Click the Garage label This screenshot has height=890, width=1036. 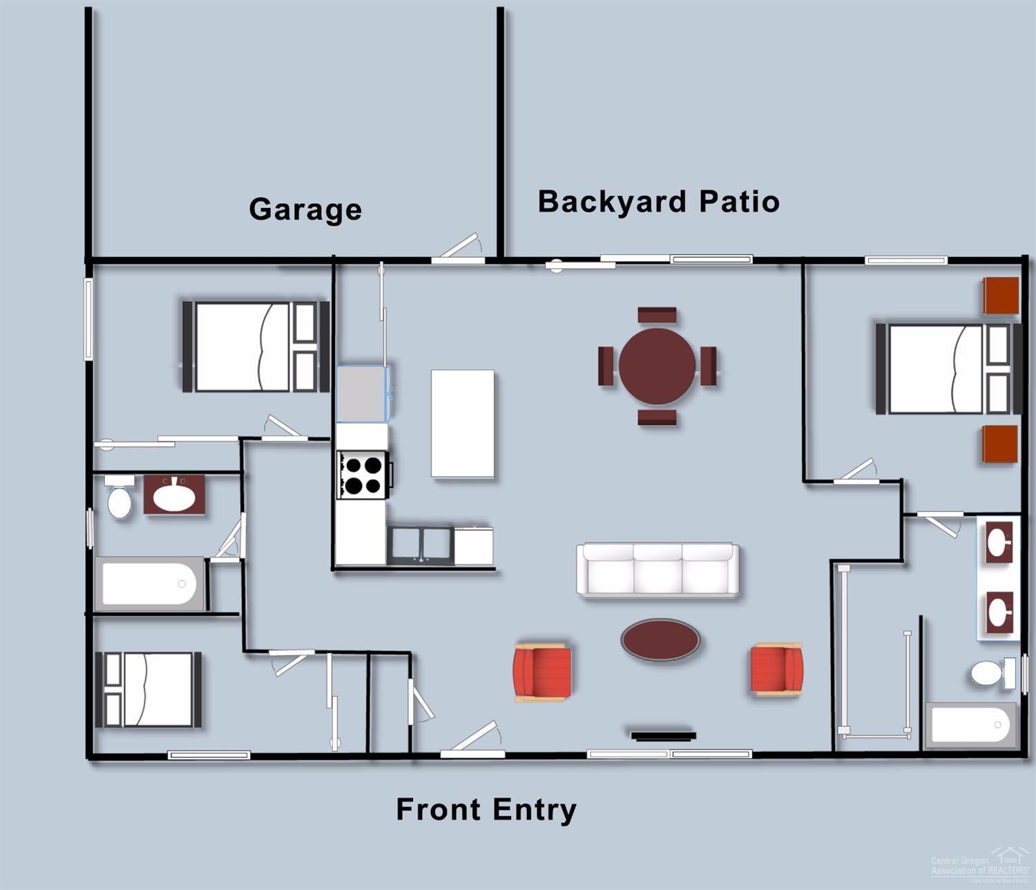click(x=305, y=209)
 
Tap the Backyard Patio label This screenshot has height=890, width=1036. click(x=658, y=202)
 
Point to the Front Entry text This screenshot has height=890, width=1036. click(x=486, y=809)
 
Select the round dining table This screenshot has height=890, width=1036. click(x=657, y=366)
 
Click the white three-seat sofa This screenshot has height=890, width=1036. click(x=658, y=569)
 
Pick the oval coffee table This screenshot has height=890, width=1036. click(x=660, y=639)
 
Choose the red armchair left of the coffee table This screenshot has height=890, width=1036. click(x=542, y=672)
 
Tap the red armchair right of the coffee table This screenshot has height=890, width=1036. click(x=777, y=669)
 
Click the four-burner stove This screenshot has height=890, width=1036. click(x=362, y=475)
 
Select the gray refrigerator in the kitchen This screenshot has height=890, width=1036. click(x=363, y=394)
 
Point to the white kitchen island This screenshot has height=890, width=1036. click(x=462, y=424)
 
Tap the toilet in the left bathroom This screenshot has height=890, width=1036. click(x=119, y=498)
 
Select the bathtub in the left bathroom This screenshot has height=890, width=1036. click(x=150, y=584)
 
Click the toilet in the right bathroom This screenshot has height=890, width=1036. click(x=990, y=673)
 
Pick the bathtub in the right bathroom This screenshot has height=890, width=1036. click(x=970, y=726)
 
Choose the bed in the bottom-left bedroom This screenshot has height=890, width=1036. click(x=148, y=690)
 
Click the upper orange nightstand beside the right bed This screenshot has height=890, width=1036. click(x=1001, y=296)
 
